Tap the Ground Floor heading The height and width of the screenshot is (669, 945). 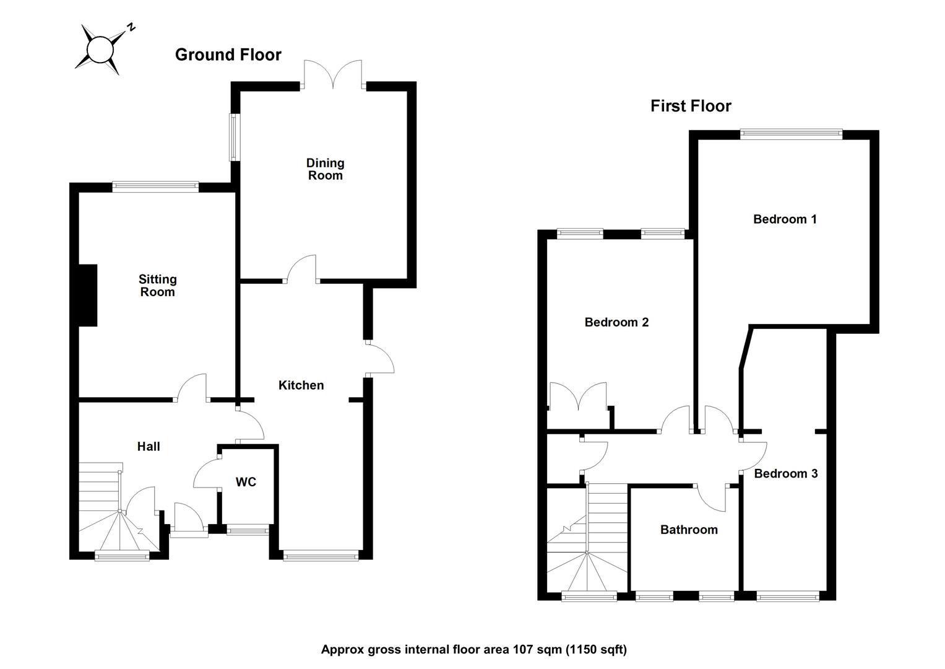228,55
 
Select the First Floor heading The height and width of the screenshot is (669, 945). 690,106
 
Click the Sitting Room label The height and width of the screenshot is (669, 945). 157,286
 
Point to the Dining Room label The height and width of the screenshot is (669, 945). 325,168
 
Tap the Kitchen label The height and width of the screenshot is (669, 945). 301,385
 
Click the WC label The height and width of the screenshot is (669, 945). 246,482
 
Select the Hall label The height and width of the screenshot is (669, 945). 149,446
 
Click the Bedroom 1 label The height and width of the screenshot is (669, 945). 785,219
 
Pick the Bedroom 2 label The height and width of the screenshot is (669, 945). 616,322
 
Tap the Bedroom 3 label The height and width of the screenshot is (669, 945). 785,473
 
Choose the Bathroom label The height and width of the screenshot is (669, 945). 689,530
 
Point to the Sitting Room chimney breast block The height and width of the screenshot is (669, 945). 87,295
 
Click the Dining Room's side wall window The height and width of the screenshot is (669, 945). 235,137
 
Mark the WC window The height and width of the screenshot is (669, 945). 248,530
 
